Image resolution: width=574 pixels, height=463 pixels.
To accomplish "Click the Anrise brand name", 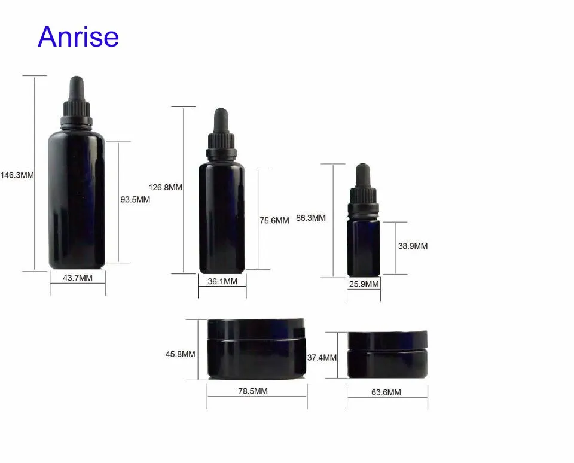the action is (78, 36).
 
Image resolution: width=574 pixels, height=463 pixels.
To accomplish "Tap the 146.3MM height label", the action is (17, 175).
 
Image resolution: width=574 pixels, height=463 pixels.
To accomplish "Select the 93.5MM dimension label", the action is (135, 200).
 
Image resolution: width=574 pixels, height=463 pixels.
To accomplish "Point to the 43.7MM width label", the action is (78, 278).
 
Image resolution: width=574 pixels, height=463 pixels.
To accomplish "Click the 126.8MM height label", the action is (165, 188).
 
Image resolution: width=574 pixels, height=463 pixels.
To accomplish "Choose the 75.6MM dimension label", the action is (274, 221).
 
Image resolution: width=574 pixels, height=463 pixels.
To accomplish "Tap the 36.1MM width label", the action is (222, 281).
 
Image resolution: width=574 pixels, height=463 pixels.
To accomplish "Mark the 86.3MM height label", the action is (311, 218).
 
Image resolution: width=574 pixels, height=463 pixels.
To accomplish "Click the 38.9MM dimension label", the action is (413, 246).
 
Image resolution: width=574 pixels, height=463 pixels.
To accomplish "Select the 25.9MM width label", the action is (364, 284).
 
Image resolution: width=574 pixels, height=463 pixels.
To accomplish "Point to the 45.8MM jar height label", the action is (180, 354).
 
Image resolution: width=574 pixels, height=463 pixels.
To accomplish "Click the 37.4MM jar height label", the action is (322, 358).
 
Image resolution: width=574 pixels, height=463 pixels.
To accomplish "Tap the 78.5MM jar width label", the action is (253, 391).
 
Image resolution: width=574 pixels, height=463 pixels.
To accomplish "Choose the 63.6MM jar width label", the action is (386, 392).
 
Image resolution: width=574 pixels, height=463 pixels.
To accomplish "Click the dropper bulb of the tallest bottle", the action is (77, 88).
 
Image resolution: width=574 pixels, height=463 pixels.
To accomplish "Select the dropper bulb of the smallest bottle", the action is (363, 175).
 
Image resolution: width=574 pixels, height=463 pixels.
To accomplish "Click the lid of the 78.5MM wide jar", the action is (256, 329).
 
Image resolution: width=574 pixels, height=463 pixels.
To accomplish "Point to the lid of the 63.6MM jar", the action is (387, 340).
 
